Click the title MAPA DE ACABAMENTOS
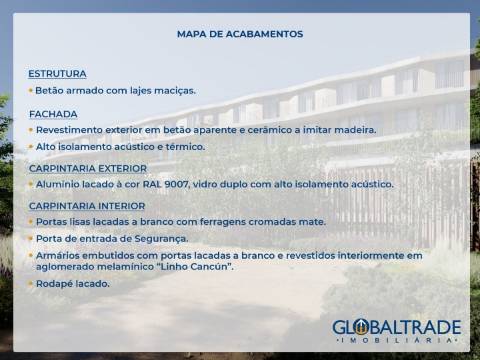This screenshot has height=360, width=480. coord(240,34)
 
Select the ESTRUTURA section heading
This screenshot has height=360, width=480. coord(57,74)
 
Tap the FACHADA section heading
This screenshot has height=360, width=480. coord(53,114)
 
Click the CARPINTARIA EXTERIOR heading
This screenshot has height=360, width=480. coord(88,168)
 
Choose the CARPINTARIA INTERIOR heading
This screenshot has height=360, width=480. coord(86,205)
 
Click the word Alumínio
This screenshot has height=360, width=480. coord(58,184)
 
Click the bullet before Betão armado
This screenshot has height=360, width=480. coord(30,90)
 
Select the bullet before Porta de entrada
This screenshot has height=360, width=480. coord(30,238)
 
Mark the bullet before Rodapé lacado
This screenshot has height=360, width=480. coord(30,283)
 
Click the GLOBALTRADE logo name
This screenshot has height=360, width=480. coord(396,327)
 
